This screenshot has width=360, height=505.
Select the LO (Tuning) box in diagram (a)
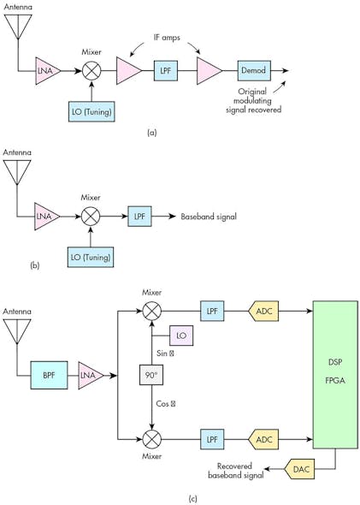pos(91,110)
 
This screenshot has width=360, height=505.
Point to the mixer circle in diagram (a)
pos(90,71)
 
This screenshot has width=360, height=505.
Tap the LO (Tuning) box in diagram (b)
pos(91,256)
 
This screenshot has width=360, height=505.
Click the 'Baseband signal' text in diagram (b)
pos(208,217)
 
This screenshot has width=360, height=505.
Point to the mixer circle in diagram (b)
pos(90,217)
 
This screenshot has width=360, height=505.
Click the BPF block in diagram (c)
pos(49,374)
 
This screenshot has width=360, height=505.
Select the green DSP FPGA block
pos(335,373)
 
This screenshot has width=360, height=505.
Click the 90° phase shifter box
pos(152,374)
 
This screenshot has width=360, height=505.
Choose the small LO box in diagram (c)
pos(182,336)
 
